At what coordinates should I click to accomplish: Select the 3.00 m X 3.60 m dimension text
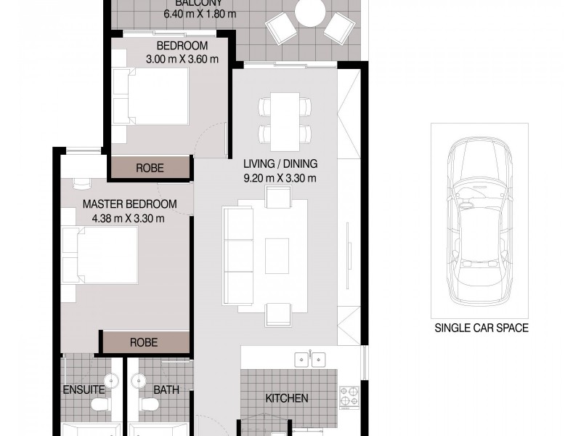pyautogui.click(x=182, y=58)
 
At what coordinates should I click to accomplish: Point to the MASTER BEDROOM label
pyautogui.click(x=128, y=205)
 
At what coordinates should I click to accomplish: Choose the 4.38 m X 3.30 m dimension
pyautogui.click(x=128, y=217)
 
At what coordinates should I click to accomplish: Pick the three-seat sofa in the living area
pyautogui.click(x=236, y=253)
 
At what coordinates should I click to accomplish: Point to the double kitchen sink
pyautogui.click(x=309, y=360)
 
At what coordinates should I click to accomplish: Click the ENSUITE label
pyautogui.click(x=84, y=390)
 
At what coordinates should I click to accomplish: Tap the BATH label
pyautogui.click(x=166, y=390)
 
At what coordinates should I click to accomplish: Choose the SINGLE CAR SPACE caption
pyautogui.click(x=480, y=328)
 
